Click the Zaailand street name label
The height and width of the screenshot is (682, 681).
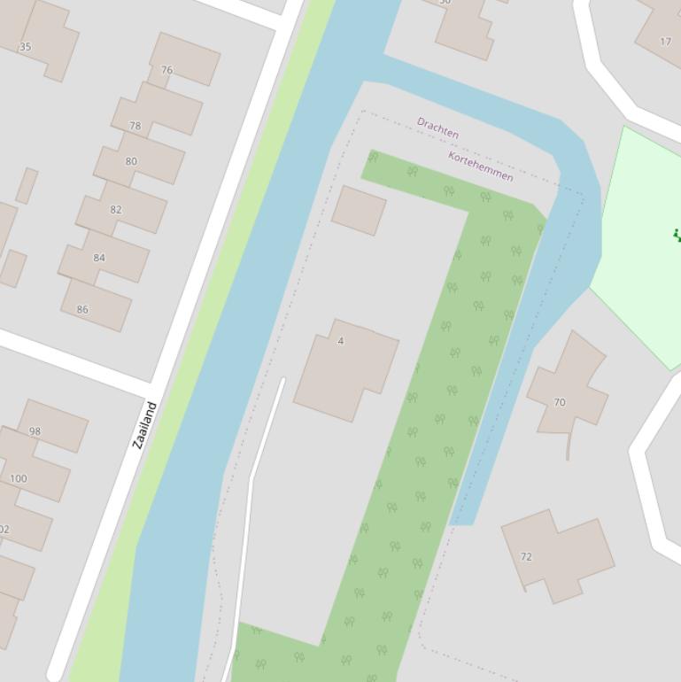tap(144, 425)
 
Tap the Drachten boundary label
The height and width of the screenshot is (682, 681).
tap(437, 128)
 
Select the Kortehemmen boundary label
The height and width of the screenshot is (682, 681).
tap(480, 167)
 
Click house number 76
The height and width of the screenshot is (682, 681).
tap(166, 70)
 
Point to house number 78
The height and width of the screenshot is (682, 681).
tap(135, 127)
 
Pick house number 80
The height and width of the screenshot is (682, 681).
tap(131, 161)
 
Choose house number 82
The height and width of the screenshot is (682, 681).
tap(116, 210)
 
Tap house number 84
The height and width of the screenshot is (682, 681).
tap(99, 259)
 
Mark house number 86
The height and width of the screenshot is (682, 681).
tap(82, 310)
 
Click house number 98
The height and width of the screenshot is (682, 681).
tap(35, 431)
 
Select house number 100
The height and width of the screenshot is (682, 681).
tap(18, 478)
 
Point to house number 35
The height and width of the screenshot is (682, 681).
tap(25, 47)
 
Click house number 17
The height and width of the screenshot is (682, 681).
tap(665, 42)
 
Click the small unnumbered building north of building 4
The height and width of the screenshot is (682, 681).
tap(359, 210)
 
